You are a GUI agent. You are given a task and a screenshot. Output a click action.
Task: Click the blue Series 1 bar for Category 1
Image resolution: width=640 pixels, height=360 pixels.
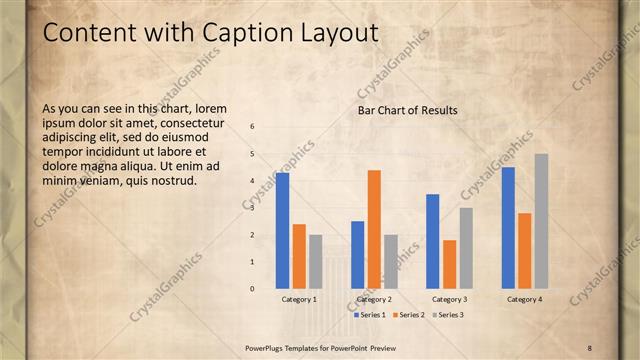point(283,231)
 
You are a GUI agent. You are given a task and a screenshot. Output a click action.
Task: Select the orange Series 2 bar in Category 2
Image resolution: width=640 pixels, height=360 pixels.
point(374,229)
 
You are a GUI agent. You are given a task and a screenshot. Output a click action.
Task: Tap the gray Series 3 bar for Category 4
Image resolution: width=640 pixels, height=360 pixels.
point(541,221)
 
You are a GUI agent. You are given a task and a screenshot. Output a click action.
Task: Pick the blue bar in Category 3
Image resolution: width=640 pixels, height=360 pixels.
point(432,241)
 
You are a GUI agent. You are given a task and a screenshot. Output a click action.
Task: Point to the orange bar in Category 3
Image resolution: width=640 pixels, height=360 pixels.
point(449,264)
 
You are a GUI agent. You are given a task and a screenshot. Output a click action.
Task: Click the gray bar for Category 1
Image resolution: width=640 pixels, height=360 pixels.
point(316,262)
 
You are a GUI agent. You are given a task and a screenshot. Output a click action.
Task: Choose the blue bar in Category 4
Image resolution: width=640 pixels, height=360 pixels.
point(508,228)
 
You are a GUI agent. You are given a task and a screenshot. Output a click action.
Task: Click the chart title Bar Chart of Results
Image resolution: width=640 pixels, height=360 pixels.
point(407,110)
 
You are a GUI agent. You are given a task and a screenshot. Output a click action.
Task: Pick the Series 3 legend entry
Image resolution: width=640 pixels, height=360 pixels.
point(446,315)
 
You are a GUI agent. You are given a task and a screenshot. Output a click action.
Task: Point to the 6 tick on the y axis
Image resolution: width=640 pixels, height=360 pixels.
point(252,127)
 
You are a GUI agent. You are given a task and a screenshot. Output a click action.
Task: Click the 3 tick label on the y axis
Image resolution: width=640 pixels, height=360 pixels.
point(252,208)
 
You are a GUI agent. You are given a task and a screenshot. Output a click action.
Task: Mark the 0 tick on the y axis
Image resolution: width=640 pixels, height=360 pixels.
point(252,289)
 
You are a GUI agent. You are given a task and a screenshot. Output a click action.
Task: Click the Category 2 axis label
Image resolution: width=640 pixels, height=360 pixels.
point(374,299)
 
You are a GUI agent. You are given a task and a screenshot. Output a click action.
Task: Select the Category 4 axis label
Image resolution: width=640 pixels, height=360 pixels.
point(524,299)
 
